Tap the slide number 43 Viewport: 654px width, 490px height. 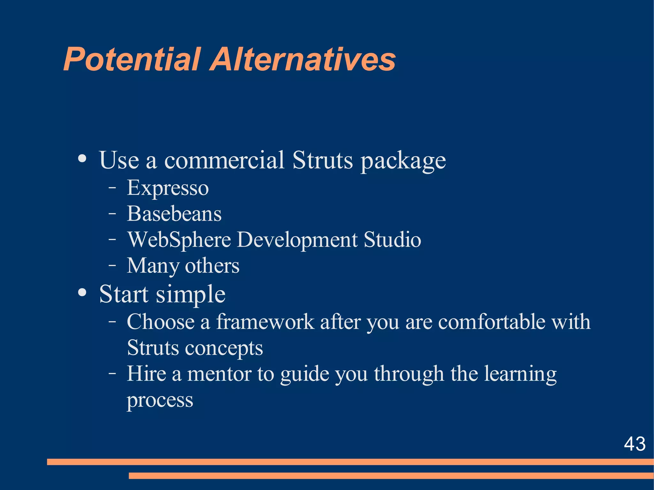coord(635,444)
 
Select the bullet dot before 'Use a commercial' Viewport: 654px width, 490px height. coord(82,159)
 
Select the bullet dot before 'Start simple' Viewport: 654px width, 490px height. coord(82,292)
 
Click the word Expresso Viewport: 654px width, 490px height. coord(168,188)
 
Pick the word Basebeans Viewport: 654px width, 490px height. coord(174,214)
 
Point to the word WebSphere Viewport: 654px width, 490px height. coord(179,240)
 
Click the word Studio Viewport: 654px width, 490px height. coord(392,240)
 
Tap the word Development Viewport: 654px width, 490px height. coord(297,240)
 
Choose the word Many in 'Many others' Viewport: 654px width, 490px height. coord(153,266)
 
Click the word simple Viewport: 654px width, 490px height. coord(191,295)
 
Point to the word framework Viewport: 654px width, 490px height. coord(265,321)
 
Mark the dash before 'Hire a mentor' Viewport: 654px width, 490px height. coord(112,373)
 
